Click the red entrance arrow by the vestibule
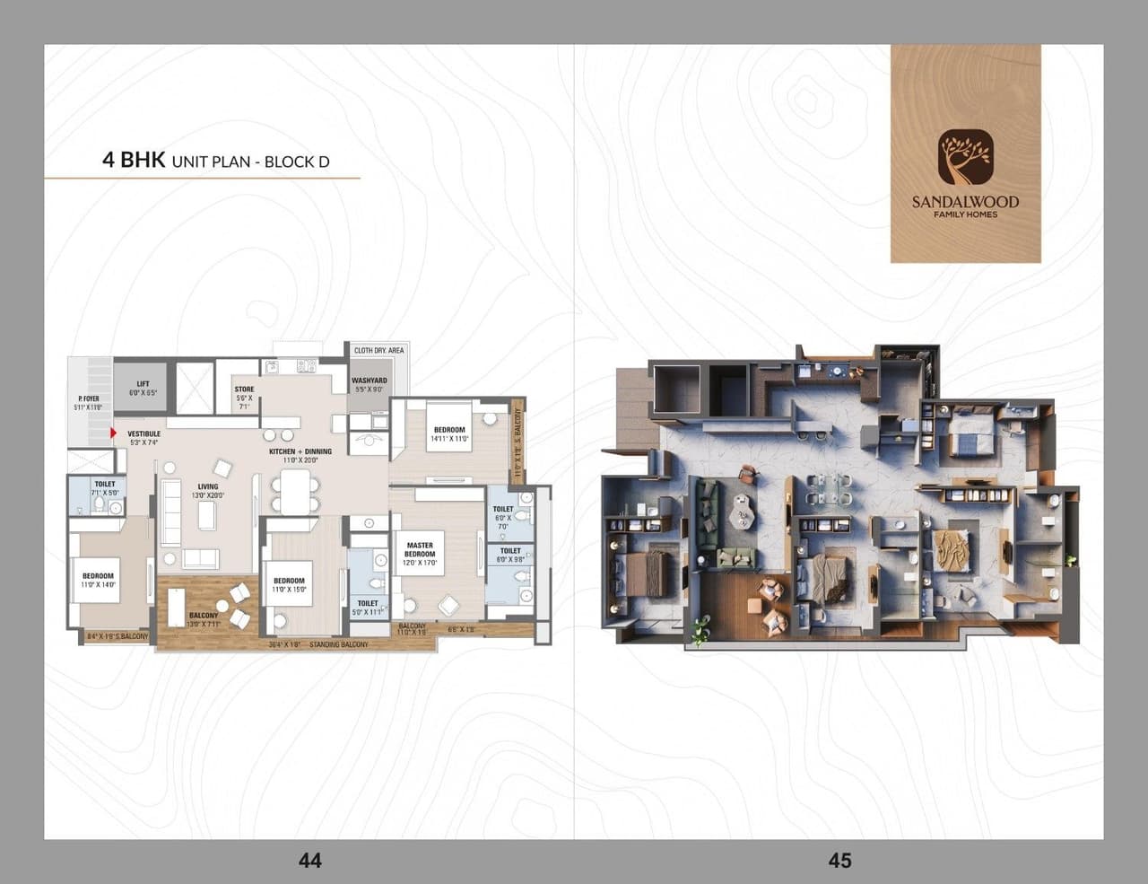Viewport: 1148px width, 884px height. coord(113,433)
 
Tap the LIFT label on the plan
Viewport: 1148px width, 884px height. coord(143,384)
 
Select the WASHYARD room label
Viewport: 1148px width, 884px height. coord(370,381)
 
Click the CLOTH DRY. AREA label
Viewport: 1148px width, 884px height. coord(378,350)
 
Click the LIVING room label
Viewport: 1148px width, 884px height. coord(207,486)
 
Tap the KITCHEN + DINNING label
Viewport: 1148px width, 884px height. coord(300,451)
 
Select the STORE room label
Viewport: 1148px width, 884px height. coord(244,389)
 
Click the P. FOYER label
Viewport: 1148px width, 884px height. coord(89,398)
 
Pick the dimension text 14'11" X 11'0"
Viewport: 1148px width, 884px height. coord(450,439)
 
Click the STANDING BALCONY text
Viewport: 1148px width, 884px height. coord(338,644)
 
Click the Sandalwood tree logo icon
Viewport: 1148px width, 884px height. coord(965,156)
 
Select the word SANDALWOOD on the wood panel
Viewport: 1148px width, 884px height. coord(965,201)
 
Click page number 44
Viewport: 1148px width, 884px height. coord(309,861)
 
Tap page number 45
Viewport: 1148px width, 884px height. coord(839,861)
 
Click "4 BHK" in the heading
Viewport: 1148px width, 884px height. coord(133,160)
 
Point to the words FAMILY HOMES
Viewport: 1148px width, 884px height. coord(965,214)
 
